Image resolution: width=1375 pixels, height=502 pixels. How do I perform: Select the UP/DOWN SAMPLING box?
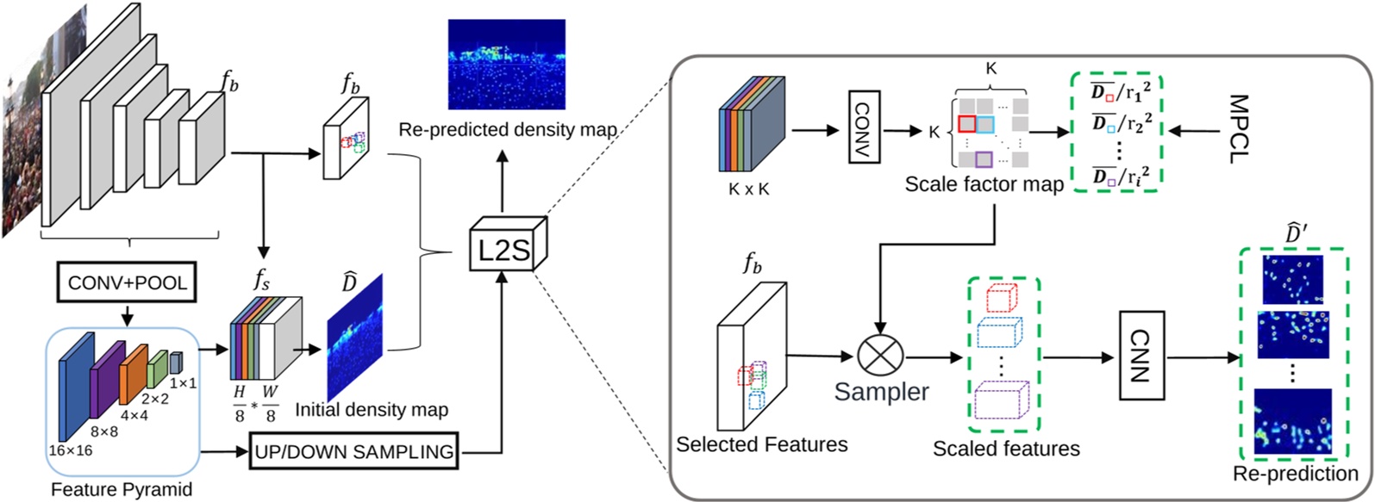tap(354, 450)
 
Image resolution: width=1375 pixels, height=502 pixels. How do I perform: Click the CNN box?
tap(1142, 355)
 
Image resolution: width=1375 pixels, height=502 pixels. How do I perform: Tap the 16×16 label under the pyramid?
tap(71, 449)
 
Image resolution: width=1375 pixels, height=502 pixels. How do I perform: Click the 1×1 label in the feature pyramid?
tap(183, 383)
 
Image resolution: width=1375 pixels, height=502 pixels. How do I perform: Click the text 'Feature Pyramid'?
tap(122, 490)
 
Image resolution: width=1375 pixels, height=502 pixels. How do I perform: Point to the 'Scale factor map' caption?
tap(984, 184)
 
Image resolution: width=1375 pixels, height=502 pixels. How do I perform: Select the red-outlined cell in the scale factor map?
tap(967, 123)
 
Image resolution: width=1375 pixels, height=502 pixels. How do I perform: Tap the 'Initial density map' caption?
tap(372, 410)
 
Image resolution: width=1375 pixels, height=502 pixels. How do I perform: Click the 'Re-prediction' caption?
tap(1296, 474)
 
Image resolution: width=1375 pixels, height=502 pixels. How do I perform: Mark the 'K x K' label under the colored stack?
tap(749, 189)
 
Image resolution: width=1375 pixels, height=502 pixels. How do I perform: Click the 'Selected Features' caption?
tap(762, 445)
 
